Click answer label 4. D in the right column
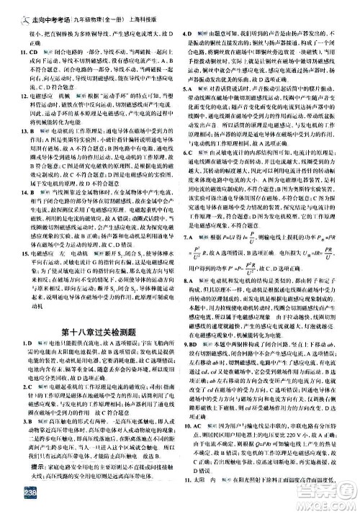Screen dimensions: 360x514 tap(192, 24)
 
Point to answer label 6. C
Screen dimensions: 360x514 tap(192, 163)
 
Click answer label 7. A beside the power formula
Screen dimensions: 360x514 tap(192, 237)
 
